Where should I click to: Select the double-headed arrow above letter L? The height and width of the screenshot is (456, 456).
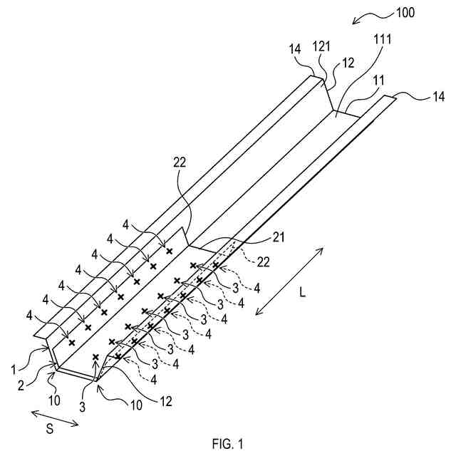pos(289,279)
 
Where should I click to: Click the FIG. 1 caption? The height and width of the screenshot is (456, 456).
pos(227,445)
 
